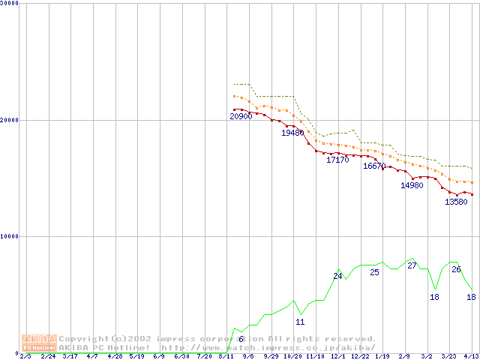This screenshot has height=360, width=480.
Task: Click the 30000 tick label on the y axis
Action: click(10, 3)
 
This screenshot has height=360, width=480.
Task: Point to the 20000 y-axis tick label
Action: click(10, 120)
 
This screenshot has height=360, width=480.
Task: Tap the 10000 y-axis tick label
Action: click(10, 236)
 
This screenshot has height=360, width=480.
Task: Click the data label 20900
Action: click(241, 116)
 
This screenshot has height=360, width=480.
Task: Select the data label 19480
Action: click(292, 133)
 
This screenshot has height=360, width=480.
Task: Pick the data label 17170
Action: click(337, 160)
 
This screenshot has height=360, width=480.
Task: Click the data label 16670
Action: click(374, 166)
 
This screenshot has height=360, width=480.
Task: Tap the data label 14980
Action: click(412, 185)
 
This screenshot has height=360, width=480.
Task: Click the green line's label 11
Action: click(300, 322)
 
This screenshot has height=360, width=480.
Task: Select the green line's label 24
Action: click(337, 276)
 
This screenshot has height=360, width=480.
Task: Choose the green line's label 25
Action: click(374, 271)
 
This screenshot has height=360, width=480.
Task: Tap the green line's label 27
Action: click(412, 265)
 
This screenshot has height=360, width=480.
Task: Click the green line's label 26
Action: click(456, 268)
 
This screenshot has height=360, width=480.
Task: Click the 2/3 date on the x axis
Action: click(25, 355)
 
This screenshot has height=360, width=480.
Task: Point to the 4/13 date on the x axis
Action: click(471, 355)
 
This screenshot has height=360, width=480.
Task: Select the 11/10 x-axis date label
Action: click(315, 355)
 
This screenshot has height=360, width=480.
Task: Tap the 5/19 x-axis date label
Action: click(136, 355)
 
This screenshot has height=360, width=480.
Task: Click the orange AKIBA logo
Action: click(40, 343)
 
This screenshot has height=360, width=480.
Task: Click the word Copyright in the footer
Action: click(83, 339)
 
